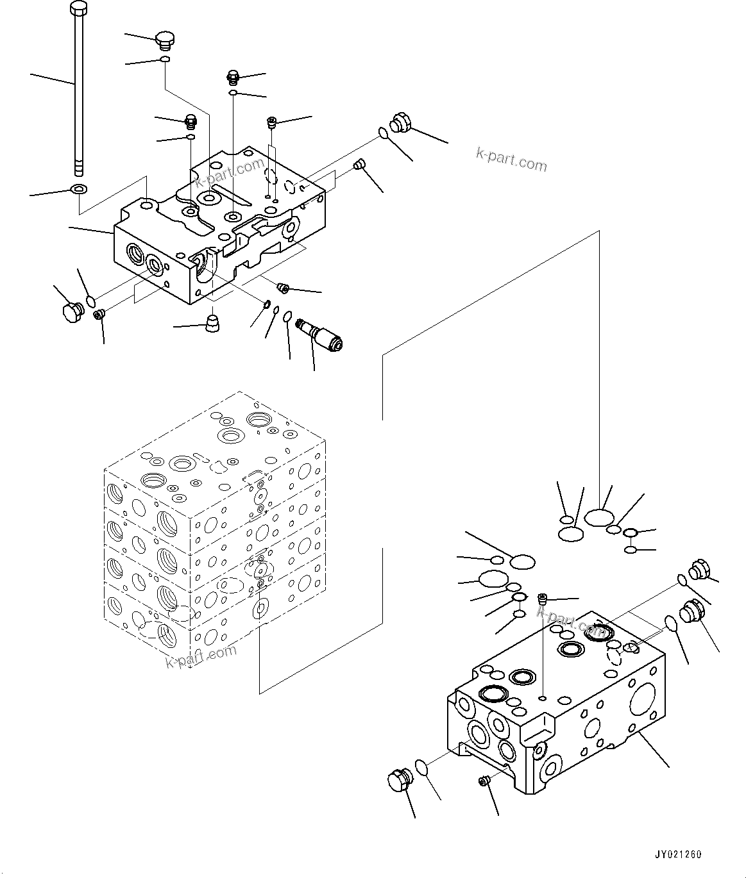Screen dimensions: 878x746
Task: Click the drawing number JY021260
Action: [x=678, y=854]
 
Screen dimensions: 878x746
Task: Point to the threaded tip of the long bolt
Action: [x=78, y=168]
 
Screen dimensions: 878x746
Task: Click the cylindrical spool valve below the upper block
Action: [x=325, y=336]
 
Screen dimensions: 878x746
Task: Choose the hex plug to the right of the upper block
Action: [x=400, y=123]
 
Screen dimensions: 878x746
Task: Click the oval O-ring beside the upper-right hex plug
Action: [x=383, y=133]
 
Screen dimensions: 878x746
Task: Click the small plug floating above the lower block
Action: [x=543, y=599]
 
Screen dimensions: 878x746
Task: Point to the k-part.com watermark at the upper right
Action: [x=511, y=160]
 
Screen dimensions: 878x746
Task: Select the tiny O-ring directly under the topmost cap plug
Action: [x=165, y=60]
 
